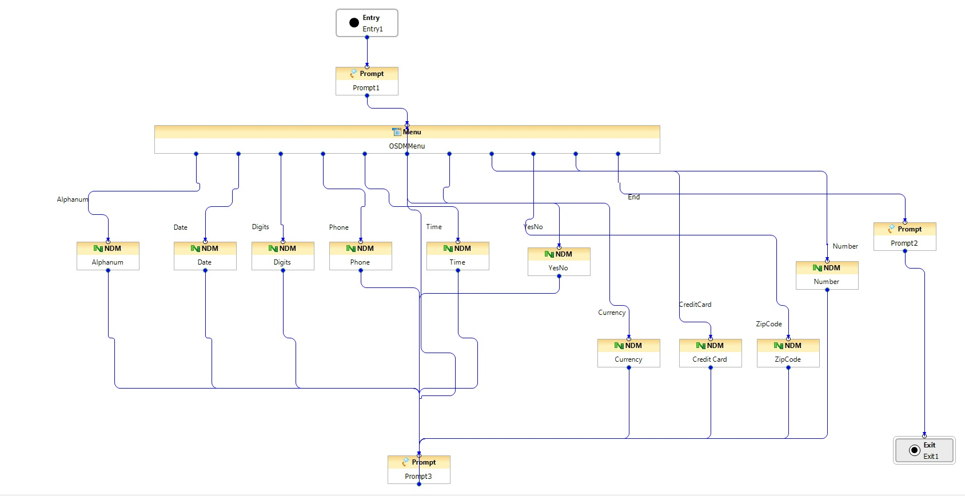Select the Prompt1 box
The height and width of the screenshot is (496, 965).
[366, 81]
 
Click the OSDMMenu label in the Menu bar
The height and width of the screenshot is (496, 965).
[406, 146]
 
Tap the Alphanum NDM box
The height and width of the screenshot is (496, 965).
[108, 255]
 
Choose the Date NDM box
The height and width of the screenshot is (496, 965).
[205, 255]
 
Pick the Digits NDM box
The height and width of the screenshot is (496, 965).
[283, 255]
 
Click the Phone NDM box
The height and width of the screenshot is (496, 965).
[361, 255]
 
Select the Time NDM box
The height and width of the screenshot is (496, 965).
[458, 255]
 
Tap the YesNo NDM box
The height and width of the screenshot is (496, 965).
[559, 261]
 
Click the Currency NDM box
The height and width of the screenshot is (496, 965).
[629, 353]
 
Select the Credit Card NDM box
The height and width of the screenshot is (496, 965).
[711, 353]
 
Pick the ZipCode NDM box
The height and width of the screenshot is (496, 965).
[788, 353]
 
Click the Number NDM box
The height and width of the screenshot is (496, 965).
[827, 275]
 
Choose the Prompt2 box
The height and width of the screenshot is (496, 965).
[905, 236]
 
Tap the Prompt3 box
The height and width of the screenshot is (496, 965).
[419, 469]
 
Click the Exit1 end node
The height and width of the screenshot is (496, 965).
[924, 450]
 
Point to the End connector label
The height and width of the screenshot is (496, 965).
[633, 197]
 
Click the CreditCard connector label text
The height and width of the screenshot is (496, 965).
[695, 305]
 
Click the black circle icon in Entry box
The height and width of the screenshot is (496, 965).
[354, 23]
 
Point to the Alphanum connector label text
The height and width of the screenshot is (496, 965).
[73, 199]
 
